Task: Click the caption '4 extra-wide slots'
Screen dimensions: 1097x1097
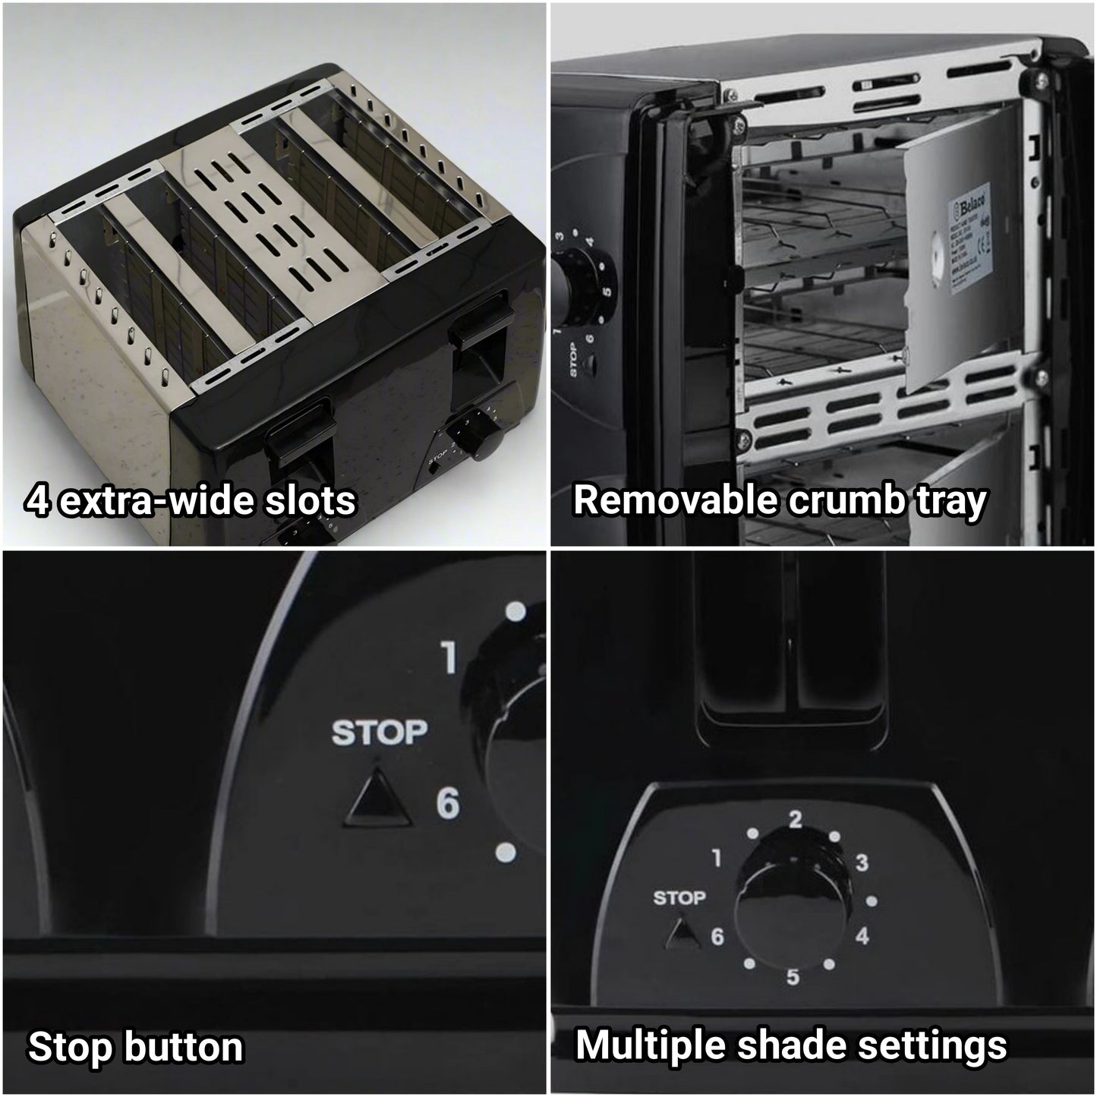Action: (191, 501)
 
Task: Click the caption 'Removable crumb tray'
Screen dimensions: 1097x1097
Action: (780, 501)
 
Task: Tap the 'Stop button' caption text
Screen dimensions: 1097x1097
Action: (136, 1047)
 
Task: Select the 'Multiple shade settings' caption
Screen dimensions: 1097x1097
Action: (791, 1045)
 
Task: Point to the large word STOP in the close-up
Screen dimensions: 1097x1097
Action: (380, 733)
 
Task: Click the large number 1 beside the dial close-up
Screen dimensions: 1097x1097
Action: (449, 657)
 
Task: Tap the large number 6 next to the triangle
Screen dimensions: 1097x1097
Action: (448, 803)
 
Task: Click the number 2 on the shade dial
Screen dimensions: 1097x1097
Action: (795, 820)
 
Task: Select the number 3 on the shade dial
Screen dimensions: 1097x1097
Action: (862, 863)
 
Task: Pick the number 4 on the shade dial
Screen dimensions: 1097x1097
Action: (862, 936)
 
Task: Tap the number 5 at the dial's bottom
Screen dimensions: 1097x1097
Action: (793, 977)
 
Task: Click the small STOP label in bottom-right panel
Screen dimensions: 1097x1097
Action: (679, 898)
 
